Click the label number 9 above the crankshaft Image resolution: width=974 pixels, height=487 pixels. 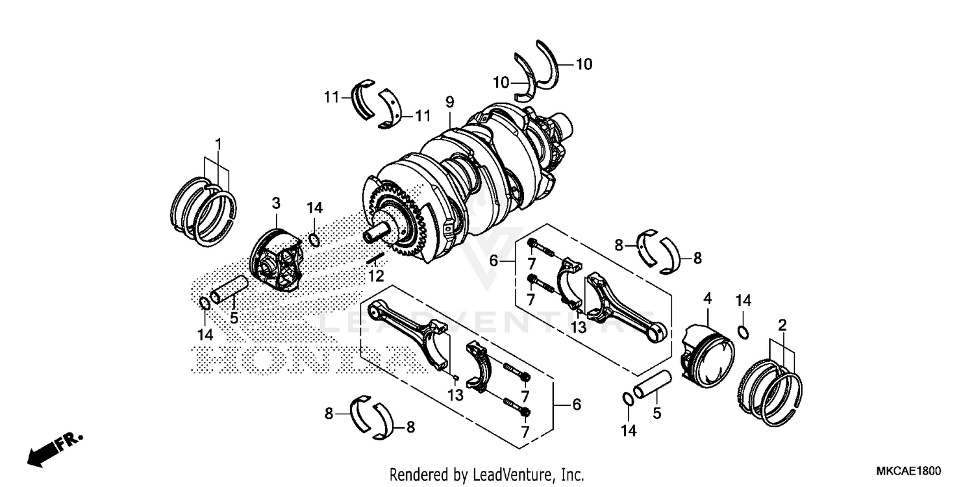tap(449, 102)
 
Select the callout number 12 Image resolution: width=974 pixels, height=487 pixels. tap(376, 277)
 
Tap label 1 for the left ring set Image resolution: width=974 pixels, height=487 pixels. tap(219, 144)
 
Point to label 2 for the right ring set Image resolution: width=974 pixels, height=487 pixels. tap(782, 325)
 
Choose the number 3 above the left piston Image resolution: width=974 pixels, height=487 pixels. tap(276, 203)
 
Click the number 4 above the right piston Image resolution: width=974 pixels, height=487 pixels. tap(707, 299)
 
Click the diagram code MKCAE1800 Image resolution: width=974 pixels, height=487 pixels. tap(909, 470)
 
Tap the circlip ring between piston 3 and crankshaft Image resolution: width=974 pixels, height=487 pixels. tap(314, 240)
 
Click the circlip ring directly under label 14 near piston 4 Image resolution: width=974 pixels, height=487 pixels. tap(744, 333)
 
